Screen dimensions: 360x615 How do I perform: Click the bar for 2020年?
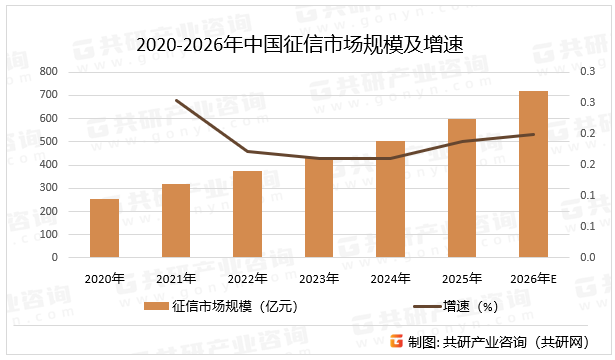(x=104, y=228)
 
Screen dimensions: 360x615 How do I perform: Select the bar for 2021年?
(x=176, y=220)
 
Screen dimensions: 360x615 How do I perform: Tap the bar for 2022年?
(x=247, y=214)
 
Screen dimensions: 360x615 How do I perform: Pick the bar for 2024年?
(x=390, y=199)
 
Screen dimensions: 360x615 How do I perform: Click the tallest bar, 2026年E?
(x=533, y=174)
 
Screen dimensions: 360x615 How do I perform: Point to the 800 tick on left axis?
(x=49, y=72)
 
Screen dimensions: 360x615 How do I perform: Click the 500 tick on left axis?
(x=49, y=141)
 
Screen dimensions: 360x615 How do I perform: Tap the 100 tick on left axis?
(x=49, y=234)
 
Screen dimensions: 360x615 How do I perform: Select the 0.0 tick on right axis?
(x=587, y=257)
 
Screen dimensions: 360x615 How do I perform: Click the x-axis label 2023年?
(x=319, y=278)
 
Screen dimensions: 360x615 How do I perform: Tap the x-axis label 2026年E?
(x=533, y=278)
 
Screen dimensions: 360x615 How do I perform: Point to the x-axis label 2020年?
(x=104, y=278)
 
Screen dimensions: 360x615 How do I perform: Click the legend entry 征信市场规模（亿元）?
(x=219, y=306)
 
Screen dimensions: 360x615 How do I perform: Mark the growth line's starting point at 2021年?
(x=176, y=100)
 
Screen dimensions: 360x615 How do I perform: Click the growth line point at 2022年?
(x=247, y=151)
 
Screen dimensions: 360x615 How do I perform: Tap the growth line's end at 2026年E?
(x=533, y=134)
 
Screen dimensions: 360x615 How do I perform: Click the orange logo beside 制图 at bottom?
(x=396, y=342)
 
